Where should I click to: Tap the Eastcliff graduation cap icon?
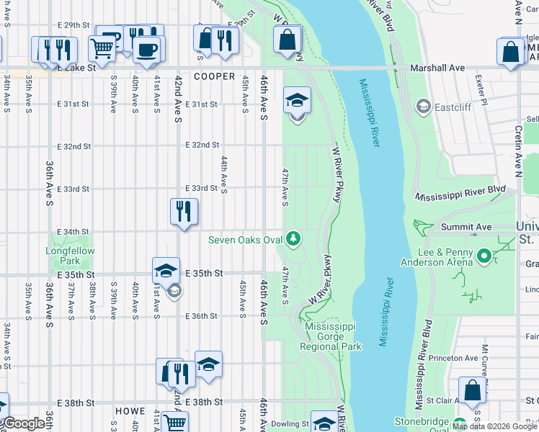pos(423,108)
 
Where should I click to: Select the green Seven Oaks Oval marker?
pos(293,237)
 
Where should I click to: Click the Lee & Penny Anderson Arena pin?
pos(484,256)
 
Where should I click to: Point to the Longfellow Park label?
pos(70,256)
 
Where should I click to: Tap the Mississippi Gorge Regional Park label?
pos(333,336)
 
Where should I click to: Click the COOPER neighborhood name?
pos(214,76)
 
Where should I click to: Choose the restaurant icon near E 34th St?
pos(184,211)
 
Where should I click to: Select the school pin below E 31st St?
pos(297,100)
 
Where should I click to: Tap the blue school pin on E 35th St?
pos(166,271)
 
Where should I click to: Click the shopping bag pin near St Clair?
pos(473,390)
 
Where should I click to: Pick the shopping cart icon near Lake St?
pos(102,48)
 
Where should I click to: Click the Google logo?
pos(23,423)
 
